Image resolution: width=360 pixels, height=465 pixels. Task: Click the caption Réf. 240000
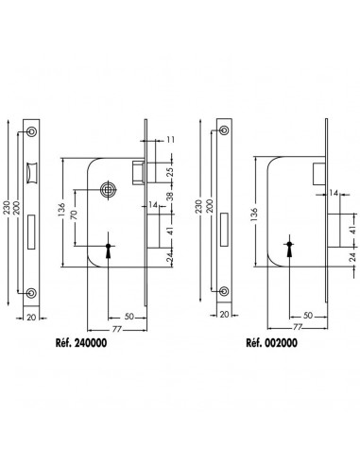81,343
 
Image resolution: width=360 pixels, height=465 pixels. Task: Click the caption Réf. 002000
271,343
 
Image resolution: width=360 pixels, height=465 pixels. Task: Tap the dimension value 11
170,140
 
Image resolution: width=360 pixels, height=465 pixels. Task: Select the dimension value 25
170,172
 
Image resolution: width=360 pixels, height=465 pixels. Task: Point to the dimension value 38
170,197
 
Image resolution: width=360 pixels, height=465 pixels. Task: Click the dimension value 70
74,215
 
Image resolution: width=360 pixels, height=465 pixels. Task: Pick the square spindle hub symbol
109,190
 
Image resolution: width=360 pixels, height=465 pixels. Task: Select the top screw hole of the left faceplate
31,132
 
